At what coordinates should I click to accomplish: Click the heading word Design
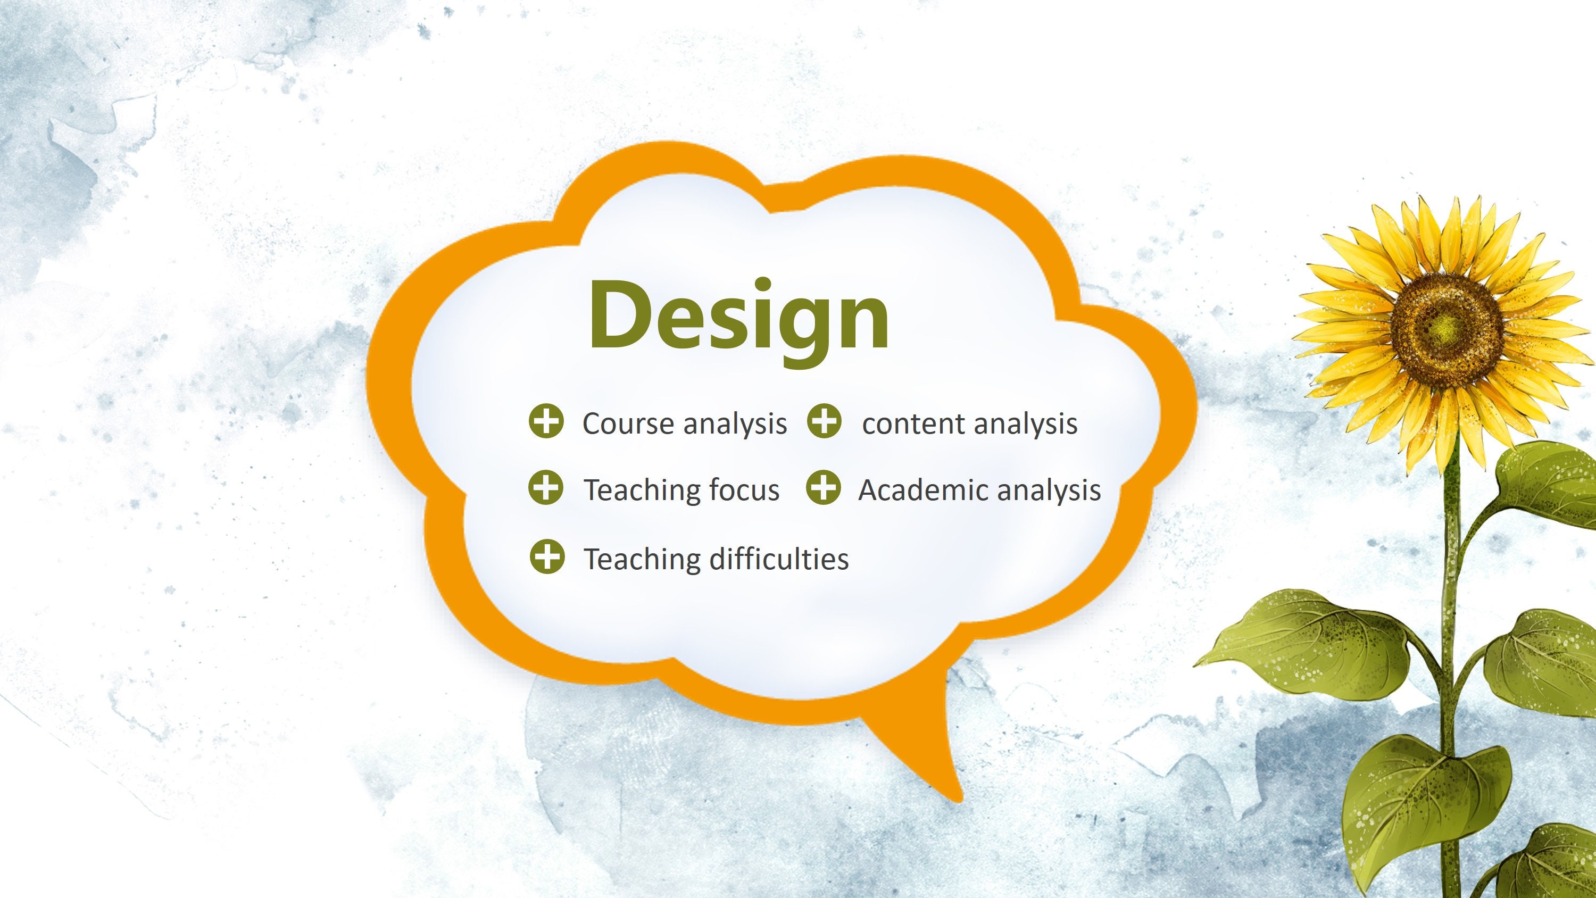click(738, 316)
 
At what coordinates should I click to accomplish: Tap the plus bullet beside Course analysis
click(546, 422)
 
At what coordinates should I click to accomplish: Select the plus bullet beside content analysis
click(824, 421)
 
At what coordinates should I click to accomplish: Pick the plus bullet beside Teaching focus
click(546, 488)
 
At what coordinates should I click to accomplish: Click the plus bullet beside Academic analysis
click(824, 488)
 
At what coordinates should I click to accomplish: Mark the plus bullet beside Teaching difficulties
click(547, 556)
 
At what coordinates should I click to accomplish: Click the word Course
click(628, 424)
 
